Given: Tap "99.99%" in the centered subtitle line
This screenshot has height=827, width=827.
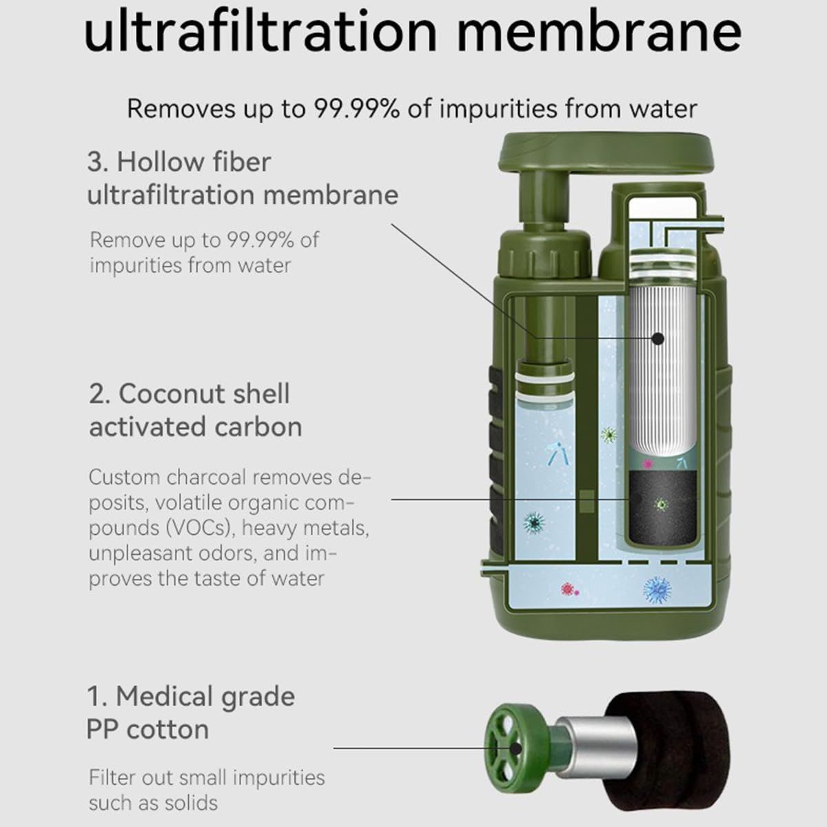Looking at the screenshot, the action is (357, 109).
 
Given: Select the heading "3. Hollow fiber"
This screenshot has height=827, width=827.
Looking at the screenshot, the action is (179, 162).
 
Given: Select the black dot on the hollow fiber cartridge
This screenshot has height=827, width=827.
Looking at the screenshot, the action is (657, 338).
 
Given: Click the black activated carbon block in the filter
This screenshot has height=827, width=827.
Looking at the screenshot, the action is (662, 507).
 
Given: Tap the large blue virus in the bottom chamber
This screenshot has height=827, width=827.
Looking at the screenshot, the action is (657, 591).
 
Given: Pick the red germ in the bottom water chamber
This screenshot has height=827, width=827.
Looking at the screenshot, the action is (569, 590).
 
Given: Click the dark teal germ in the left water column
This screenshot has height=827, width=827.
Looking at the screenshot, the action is (534, 522).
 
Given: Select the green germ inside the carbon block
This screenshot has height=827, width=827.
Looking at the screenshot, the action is (662, 504).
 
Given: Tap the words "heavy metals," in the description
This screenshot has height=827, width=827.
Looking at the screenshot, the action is (305, 528).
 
